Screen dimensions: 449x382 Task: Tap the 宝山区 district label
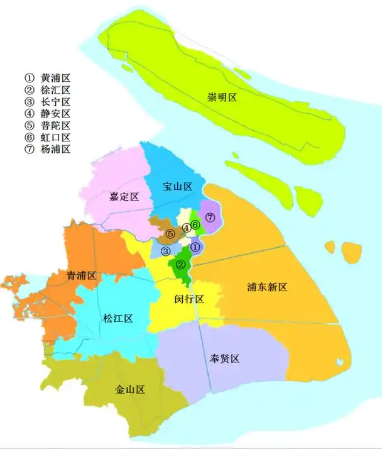click(x=177, y=186)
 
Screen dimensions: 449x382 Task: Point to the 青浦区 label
click(x=82, y=275)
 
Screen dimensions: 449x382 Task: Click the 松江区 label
click(x=117, y=318)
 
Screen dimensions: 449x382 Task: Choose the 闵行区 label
click(x=189, y=299)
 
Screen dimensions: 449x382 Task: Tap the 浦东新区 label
click(x=266, y=287)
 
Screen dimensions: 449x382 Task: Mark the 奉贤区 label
click(x=225, y=358)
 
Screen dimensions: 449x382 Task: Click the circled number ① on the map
click(x=195, y=247)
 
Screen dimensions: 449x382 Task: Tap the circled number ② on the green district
click(x=181, y=265)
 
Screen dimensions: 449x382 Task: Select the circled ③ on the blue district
click(x=166, y=252)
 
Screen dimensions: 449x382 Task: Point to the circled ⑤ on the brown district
click(x=170, y=234)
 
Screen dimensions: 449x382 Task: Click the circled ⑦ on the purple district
click(x=210, y=217)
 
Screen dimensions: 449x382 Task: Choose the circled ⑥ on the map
click(x=196, y=224)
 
